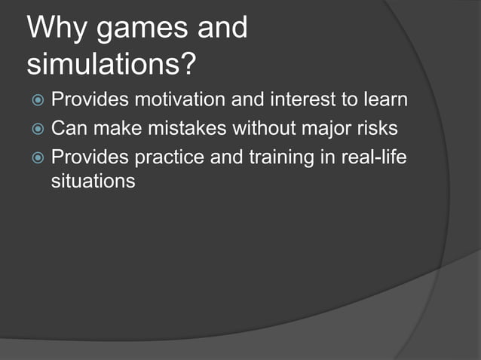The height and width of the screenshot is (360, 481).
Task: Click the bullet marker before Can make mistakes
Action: [x=37, y=129]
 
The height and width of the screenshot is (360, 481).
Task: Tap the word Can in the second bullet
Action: [x=67, y=129]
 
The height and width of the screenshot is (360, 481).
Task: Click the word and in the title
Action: [x=222, y=29]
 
